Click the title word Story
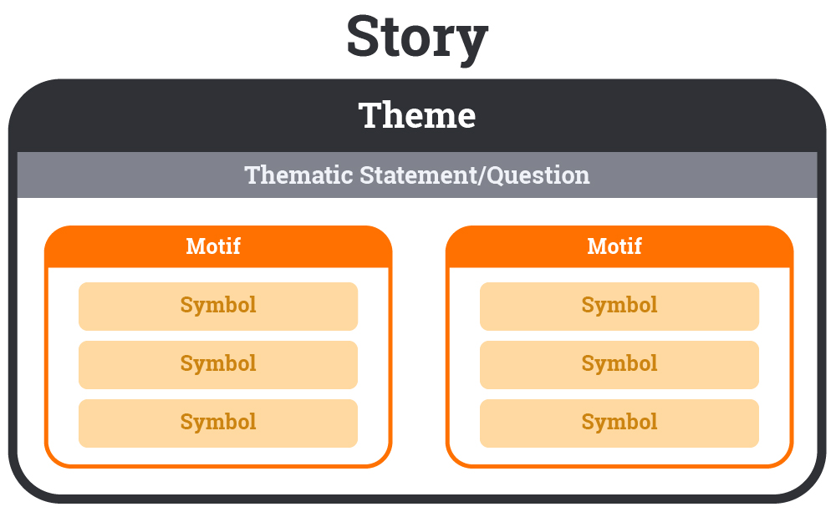417,38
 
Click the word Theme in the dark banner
417,115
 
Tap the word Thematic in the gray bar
299,175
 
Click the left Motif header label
213,246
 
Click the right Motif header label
614,246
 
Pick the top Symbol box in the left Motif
218,306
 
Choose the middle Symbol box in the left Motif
218,364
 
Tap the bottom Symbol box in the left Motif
218,423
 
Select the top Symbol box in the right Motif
619,306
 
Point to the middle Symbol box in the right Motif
619,364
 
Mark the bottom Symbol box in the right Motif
619,423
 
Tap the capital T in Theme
370,115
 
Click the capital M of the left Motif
195,246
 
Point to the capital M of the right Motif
596,246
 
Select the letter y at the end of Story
472,43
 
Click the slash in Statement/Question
482,175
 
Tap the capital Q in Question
495,175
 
